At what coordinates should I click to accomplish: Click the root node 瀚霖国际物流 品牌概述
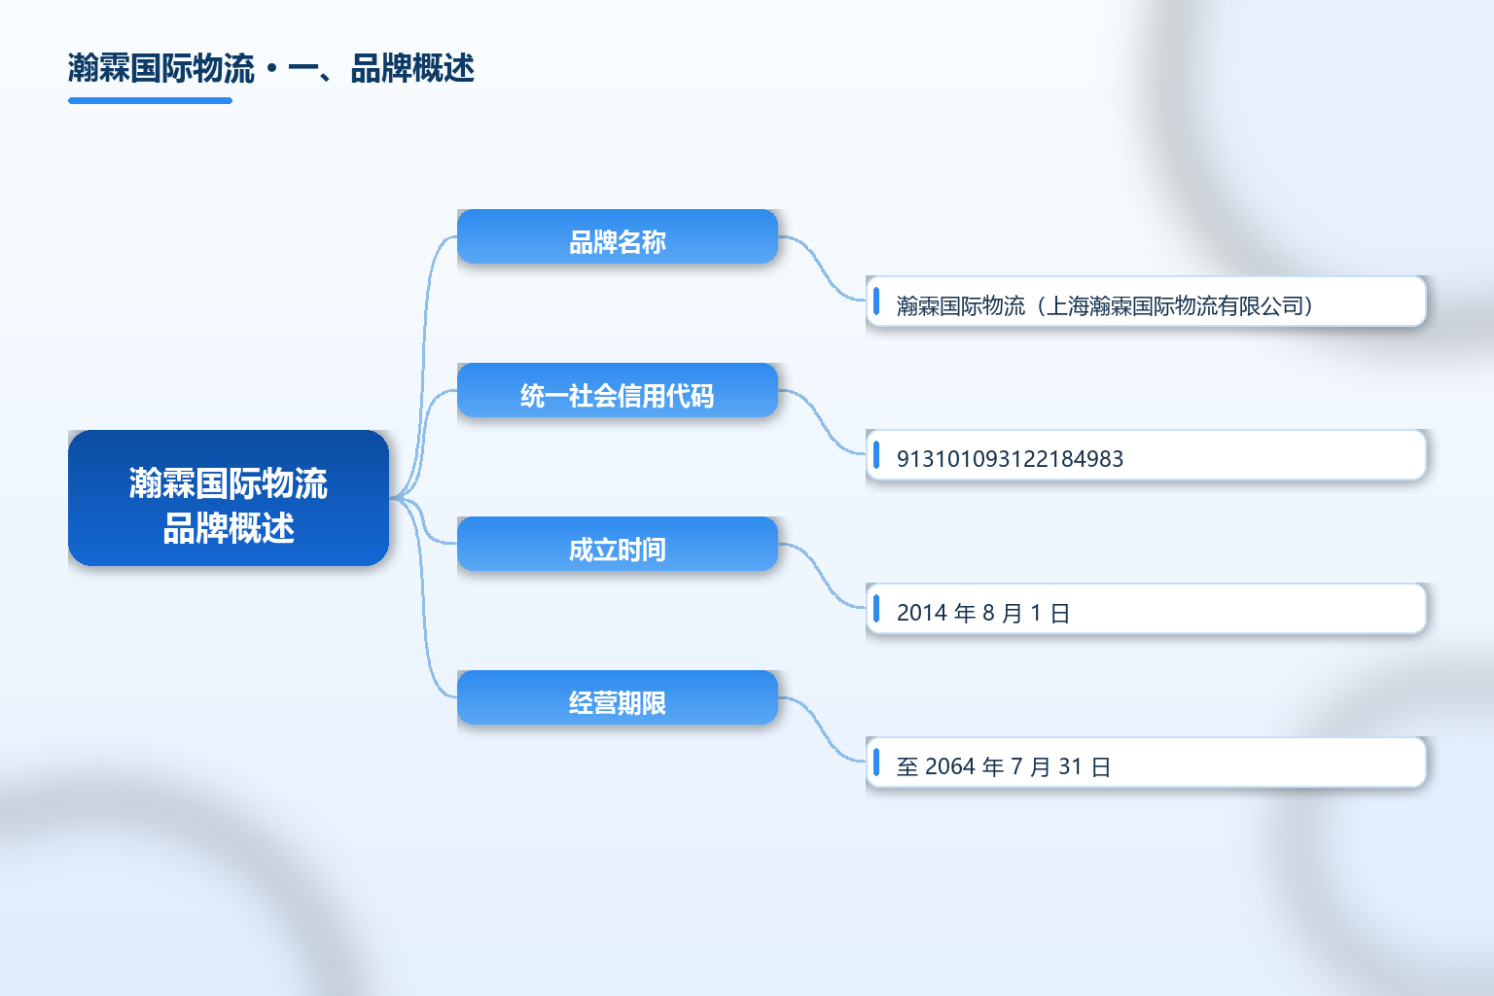tap(229, 498)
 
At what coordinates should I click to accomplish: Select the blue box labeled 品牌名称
tap(618, 236)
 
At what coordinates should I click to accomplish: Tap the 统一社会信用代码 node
tap(618, 390)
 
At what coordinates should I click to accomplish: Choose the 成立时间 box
tap(618, 544)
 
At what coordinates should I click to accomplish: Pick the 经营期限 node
tap(618, 697)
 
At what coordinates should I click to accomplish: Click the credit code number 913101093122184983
tap(1010, 459)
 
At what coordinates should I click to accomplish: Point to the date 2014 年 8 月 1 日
tap(983, 613)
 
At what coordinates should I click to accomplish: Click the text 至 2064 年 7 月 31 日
tap(1003, 766)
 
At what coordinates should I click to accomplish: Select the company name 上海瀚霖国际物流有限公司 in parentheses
tap(1175, 305)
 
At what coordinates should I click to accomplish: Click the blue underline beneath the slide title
tap(150, 101)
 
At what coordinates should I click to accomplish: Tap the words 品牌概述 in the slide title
tap(412, 68)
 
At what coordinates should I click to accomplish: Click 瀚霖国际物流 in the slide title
tap(161, 68)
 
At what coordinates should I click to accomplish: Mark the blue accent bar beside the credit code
tap(876, 455)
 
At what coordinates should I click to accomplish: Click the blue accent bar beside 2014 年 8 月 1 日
tap(876, 609)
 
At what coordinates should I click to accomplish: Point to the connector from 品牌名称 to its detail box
tap(822, 268)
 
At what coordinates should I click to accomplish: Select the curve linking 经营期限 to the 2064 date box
tap(822, 729)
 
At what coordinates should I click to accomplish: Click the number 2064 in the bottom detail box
tap(950, 766)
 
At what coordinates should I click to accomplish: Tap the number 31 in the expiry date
tap(1070, 766)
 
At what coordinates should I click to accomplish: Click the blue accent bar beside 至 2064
tap(876, 762)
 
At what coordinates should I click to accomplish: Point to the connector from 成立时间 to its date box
tap(822, 576)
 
